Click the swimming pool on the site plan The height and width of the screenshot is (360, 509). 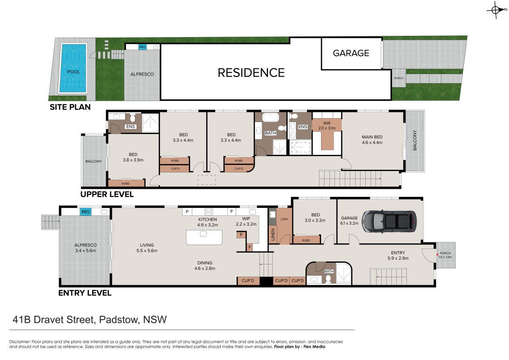[x=73, y=68]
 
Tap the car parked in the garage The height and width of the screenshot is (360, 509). [x=389, y=222]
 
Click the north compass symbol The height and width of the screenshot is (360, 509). [x=496, y=10]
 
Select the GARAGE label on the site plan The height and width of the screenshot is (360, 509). [x=351, y=53]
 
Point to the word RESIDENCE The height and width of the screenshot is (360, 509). [x=251, y=73]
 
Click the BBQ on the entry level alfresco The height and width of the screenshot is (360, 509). [x=85, y=212]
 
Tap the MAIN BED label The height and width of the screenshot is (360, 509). [x=372, y=137]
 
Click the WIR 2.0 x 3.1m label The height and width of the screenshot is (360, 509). [x=327, y=126]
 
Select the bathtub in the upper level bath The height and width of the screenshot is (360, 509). [x=270, y=117]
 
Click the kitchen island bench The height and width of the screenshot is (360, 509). [x=204, y=237]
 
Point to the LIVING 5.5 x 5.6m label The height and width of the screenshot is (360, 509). [x=147, y=248]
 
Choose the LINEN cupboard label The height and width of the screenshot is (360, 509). [x=273, y=234]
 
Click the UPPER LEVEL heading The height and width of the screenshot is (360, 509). [x=107, y=195]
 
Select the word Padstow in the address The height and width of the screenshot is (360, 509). [x=119, y=320]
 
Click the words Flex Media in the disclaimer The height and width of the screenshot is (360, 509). [x=314, y=347]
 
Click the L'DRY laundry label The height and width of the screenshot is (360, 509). [x=284, y=219]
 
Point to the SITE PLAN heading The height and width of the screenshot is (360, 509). [x=70, y=107]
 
